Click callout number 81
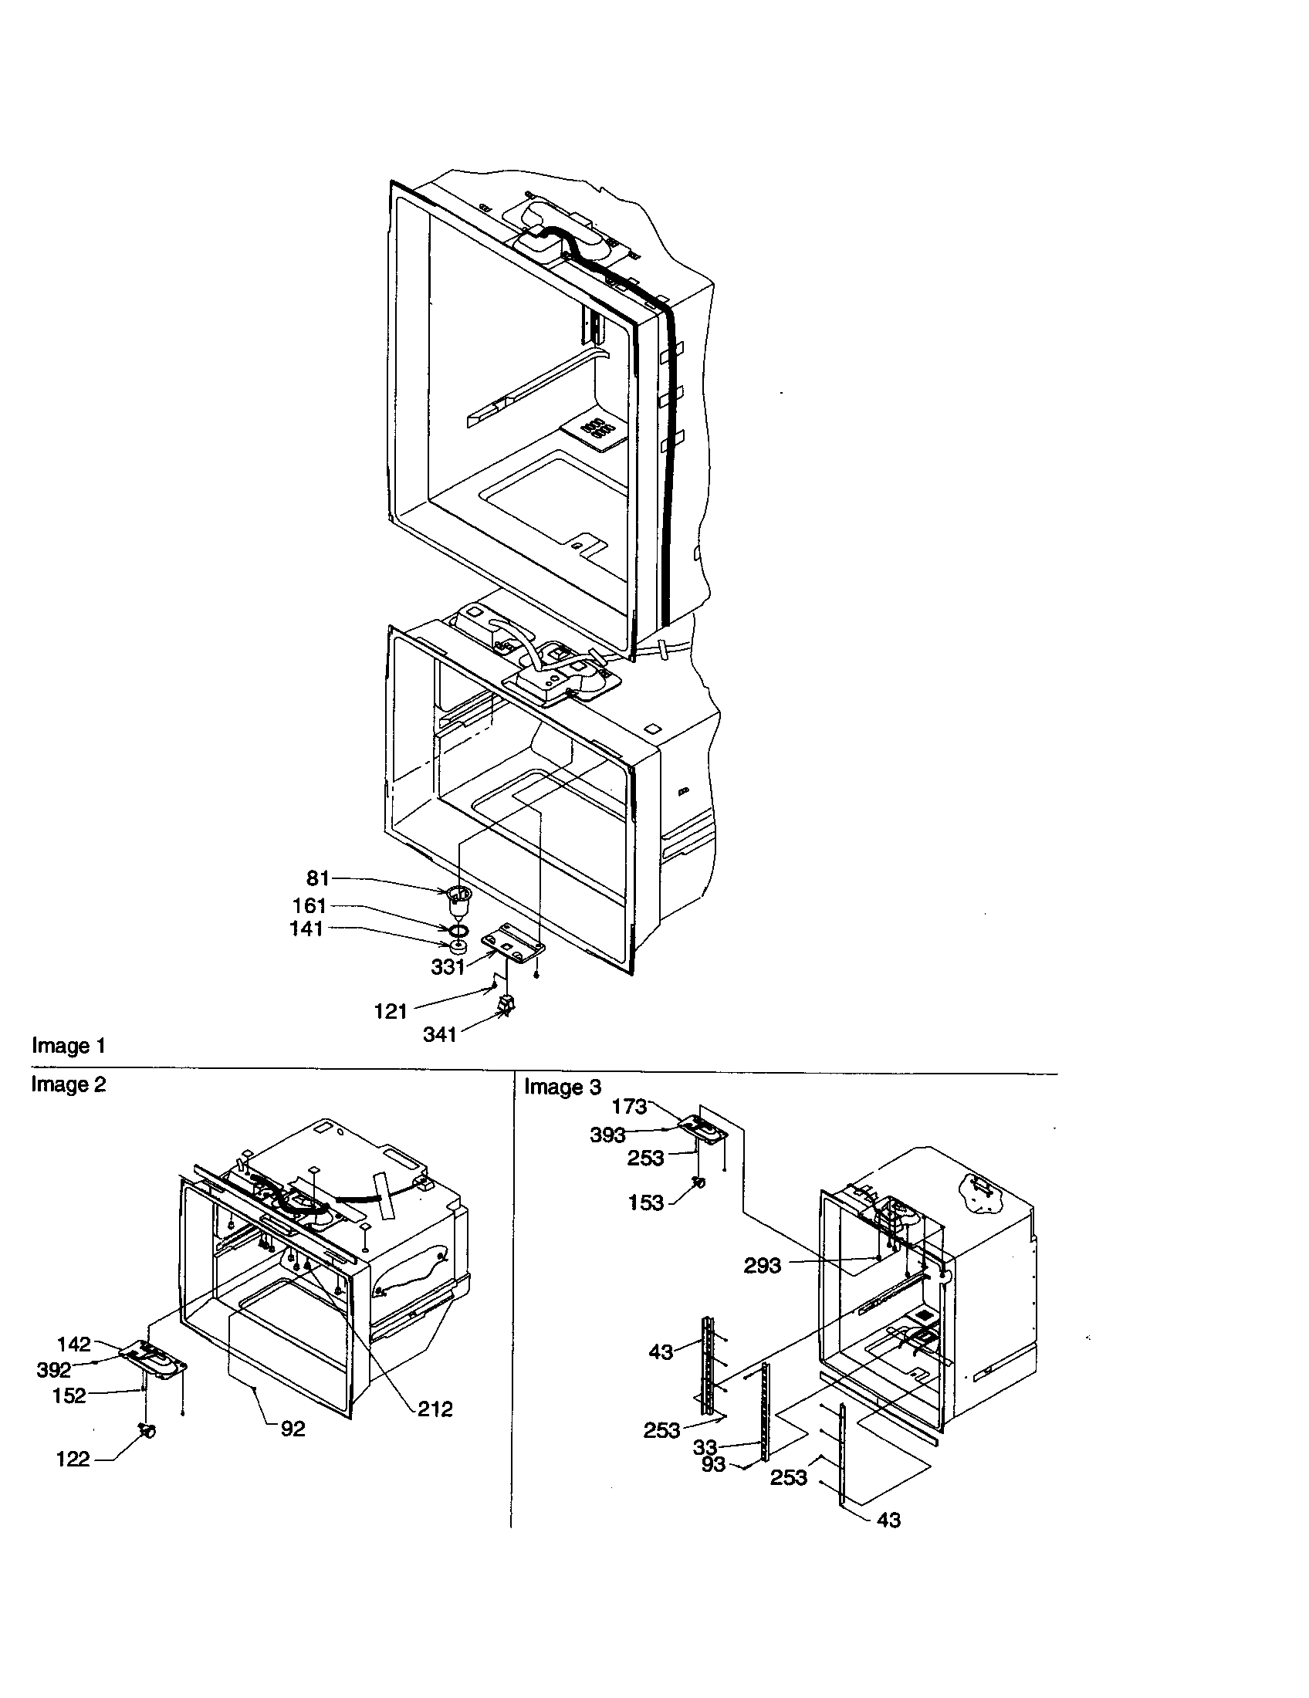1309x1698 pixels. tap(318, 878)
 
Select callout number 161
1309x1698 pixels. tap(309, 906)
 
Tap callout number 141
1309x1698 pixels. tap(306, 928)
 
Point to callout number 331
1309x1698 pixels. tap(448, 967)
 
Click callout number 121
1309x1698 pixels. tap(391, 1011)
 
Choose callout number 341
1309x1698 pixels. tap(439, 1034)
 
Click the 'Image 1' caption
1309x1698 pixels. tap(69, 1046)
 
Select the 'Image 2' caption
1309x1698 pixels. tap(69, 1084)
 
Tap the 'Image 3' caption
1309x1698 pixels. tap(562, 1087)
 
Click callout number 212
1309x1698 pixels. tap(435, 1409)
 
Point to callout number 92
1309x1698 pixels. tap(293, 1428)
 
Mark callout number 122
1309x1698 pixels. tap(73, 1460)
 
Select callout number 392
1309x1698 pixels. tap(53, 1370)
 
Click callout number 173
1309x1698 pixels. tap(630, 1105)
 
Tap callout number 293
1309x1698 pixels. tap(762, 1266)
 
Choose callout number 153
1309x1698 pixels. tap(646, 1202)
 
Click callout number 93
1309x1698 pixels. tap(713, 1465)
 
